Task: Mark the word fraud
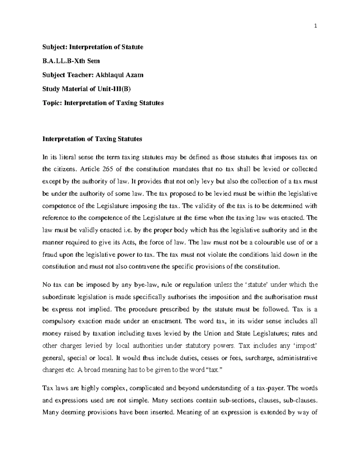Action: click(x=49, y=254)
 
